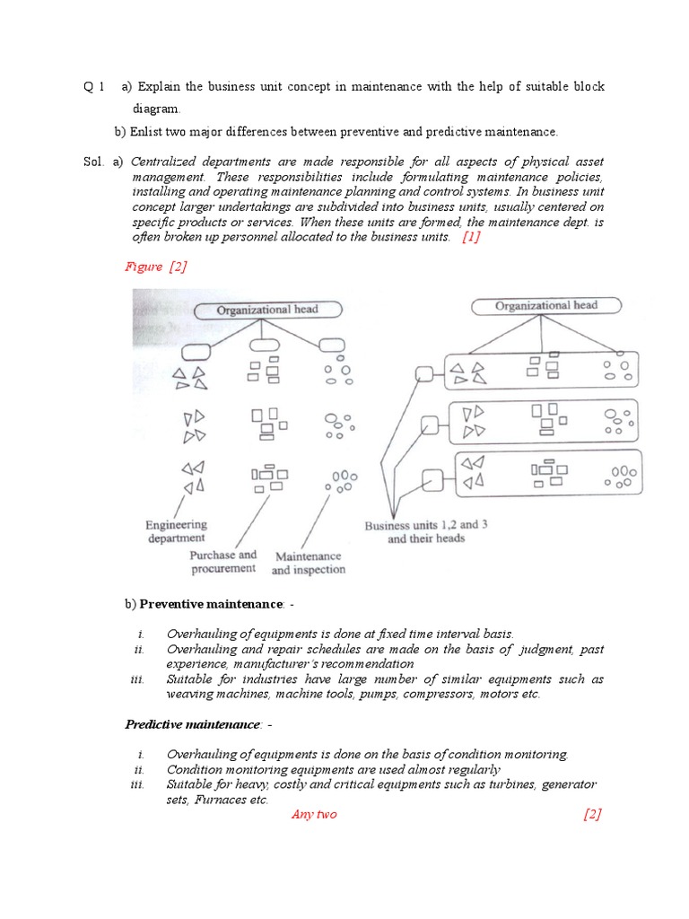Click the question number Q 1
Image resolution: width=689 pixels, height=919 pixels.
(94, 87)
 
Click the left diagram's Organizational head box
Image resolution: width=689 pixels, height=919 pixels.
(266, 311)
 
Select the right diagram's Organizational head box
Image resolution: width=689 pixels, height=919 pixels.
(545, 307)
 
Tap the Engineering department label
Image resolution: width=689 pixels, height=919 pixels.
(177, 531)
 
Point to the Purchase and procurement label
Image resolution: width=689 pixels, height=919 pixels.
(222, 562)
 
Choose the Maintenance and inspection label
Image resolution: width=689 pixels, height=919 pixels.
(308, 563)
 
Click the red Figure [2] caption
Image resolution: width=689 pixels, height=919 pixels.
(155, 267)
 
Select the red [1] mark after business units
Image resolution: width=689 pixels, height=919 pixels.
(471, 237)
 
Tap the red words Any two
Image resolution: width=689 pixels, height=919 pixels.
(314, 814)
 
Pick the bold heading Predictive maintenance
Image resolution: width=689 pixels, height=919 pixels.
(191, 723)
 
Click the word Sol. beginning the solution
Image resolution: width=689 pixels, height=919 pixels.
(93, 162)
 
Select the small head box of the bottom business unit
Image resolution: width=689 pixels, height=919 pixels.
(432, 479)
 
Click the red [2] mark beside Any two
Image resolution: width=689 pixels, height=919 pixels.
(591, 814)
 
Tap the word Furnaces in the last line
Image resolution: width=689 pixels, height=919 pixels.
(218, 800)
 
